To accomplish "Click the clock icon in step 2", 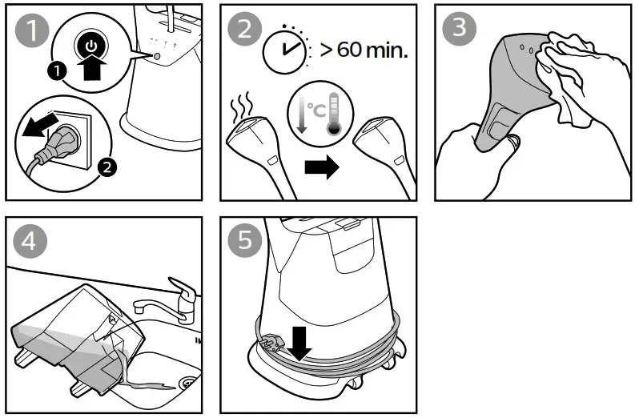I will coord(281,50).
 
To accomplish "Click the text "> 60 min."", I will coord(364,52).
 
